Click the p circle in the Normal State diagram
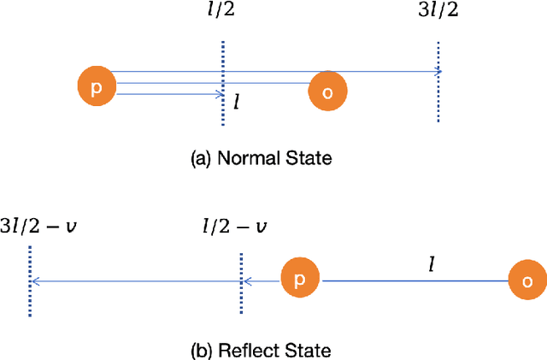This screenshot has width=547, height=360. (95, 86)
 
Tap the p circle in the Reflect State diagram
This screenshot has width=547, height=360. (299, 279)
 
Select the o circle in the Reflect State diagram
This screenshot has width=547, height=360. (527, 280)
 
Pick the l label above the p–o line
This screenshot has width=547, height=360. (432, 263)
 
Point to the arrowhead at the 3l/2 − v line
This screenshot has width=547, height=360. (35, 280)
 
